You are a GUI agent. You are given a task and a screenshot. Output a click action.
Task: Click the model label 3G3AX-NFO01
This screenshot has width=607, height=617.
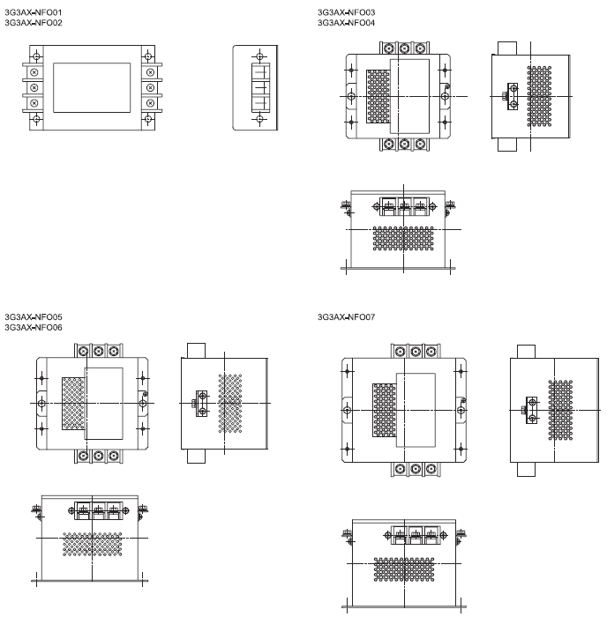pos(34,12)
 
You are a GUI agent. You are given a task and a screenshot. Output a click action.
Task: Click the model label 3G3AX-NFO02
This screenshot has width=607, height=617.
pos(34,23)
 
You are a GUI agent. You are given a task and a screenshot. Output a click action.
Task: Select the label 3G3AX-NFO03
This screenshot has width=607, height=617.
pos(346,12)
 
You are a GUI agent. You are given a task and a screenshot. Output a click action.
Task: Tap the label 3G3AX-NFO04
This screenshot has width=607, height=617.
pos(346,23)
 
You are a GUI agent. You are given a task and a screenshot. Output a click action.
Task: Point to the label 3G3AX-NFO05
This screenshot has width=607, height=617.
pos(34,317)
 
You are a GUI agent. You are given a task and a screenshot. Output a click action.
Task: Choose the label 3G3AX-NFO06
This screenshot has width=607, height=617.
pos(34,327)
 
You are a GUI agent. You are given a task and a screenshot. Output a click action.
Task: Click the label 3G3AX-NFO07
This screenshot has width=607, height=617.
pos(346,317)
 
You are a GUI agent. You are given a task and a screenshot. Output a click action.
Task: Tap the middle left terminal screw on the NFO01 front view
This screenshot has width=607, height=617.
pos(34,87)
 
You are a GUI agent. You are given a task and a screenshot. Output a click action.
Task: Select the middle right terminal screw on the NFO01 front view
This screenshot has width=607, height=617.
pos(150,87)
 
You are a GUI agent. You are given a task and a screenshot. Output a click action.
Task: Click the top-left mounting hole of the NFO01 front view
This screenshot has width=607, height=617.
pos(37,56)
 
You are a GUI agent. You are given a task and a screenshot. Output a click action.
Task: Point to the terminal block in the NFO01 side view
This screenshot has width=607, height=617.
pos(260,87)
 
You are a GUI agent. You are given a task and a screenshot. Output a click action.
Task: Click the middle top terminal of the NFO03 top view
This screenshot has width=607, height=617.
pos(405,48)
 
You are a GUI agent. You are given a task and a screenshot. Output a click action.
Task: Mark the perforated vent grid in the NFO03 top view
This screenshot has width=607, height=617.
pos(378,96)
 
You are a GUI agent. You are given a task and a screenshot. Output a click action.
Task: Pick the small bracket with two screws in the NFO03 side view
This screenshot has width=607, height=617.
pos(513,96)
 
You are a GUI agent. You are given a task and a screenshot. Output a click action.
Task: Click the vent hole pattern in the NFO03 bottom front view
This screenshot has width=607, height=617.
pos(403,239)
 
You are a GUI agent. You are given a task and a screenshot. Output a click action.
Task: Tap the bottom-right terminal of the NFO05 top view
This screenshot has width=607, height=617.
pos(114,456)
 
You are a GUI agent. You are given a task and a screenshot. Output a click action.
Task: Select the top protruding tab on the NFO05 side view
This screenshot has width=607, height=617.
pos(196,351)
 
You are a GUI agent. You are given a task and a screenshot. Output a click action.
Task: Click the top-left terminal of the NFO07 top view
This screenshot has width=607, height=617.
pos(400,351)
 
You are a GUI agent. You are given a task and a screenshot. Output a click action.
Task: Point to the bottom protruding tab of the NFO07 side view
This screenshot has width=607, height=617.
pos(526,469)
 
